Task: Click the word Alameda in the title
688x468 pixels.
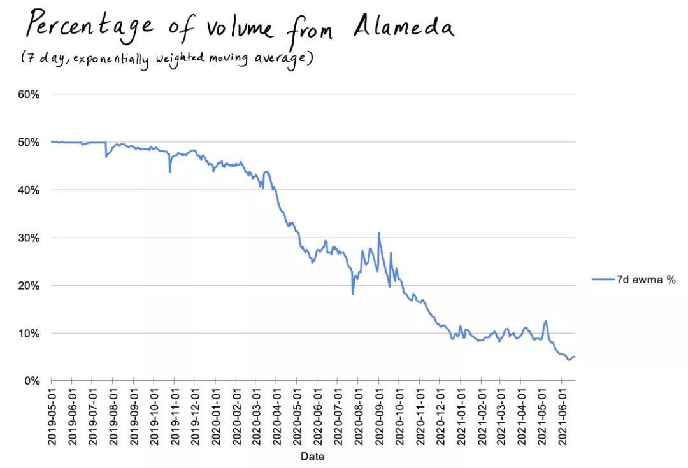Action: (x=403, y=27)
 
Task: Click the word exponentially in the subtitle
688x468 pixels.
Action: (x=111, y=59)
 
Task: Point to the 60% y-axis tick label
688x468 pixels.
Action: (x=28, y=94)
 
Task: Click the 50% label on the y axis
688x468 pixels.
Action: (x=28, y=142)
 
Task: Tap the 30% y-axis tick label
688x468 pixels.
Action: (x=28, y=238)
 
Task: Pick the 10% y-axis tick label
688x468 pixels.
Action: (x=28, y=333)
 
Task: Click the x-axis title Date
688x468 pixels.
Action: (x=312, y=457)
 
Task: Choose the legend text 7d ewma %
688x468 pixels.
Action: (x=646, y=280)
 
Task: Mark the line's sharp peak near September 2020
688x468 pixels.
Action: (x=378, y=233)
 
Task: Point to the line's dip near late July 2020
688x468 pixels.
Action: (x=352, y=294)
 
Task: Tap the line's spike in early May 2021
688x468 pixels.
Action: (x=545, y=321)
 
